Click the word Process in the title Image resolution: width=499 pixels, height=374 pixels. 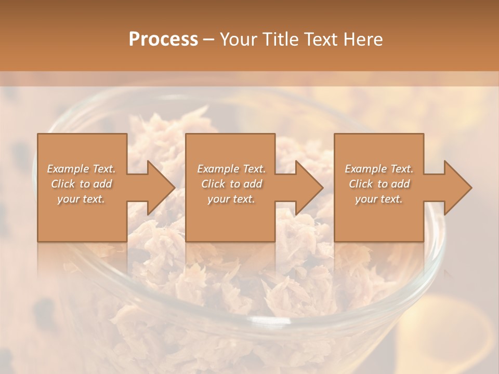[163, 39]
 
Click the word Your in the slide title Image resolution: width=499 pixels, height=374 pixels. [239, 39]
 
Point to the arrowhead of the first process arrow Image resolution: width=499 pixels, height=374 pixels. [162, 188]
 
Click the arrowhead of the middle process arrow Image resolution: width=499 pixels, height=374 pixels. [310, 188]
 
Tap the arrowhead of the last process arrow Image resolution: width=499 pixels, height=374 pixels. [458, 188]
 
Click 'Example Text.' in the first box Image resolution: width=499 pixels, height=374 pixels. [82, 169]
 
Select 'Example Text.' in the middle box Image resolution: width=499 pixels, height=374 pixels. [231, 169]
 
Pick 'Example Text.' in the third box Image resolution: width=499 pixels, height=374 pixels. [379, 169]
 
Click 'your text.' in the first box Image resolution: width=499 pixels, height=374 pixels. [82, 199]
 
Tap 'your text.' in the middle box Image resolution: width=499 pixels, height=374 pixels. [231, 199]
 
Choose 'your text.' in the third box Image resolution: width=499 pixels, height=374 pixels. [379, 199]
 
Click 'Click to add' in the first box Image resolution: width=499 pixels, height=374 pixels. [82, 184]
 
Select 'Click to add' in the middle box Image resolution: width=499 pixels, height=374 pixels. [231, 184]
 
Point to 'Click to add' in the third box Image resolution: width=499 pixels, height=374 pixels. [379, 184]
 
